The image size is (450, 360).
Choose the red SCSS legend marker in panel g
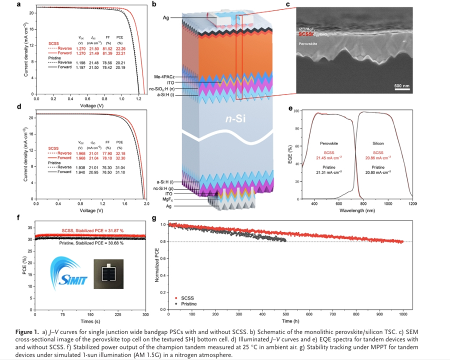click(x=176, y=297)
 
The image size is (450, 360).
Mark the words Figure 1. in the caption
click(x=28, y=332)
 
